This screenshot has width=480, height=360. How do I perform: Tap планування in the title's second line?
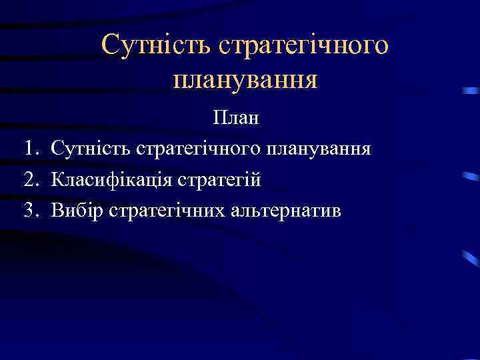click(x=245, y=80)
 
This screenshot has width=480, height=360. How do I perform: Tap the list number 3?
click(x=30, y=211)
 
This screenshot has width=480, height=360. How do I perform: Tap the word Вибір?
click(x=77, y=211)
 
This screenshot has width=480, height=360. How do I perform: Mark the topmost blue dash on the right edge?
click(x=471, y=90)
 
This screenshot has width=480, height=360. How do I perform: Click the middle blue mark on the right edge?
click(x=471, y=177)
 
